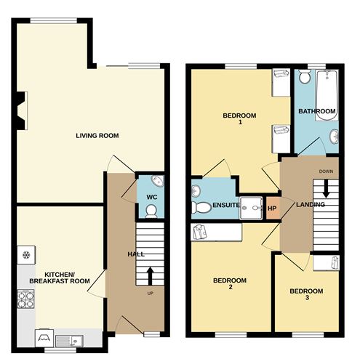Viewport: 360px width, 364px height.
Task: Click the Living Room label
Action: point(97,136)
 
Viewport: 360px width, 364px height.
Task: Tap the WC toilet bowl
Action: point(151,211)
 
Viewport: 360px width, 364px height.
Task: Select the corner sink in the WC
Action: point(158,181)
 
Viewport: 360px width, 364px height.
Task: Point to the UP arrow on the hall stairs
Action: point(151,276)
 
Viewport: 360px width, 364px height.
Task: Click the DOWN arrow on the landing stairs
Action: point(326,188)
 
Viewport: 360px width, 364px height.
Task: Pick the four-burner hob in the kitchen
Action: point(26,299)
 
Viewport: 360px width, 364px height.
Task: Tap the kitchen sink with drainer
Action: point(69,341)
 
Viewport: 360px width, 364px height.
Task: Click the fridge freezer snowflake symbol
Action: point(25,255)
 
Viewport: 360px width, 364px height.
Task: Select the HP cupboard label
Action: point(272,209)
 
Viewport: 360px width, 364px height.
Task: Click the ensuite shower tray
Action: point(251,208)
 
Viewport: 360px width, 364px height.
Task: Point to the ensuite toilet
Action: point(201,208)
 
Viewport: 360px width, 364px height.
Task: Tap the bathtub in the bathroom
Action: point(327,95)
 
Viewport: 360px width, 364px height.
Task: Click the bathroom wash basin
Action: point(334,137)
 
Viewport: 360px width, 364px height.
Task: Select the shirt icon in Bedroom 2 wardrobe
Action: point(200,232)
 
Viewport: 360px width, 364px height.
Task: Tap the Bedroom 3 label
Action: point(306,294)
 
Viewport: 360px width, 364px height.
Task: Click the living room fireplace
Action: point(22,111)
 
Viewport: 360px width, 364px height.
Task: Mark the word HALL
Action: point(136,254)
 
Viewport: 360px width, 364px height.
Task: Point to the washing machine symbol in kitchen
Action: point(44,338)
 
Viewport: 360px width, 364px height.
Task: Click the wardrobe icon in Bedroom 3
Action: point(335,262)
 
